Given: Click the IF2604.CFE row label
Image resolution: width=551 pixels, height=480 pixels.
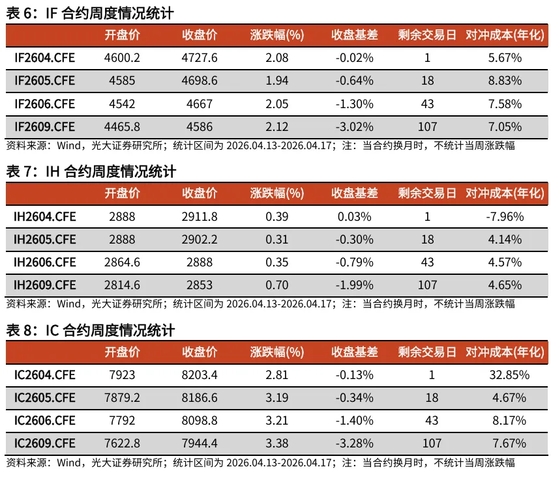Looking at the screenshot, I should [44, 58].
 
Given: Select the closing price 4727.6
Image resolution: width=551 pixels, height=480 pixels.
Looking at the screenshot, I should [200, 58].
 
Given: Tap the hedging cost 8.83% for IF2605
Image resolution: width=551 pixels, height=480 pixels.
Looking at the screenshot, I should [505, 81].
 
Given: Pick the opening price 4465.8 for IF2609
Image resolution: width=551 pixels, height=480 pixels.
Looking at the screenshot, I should [122, 126].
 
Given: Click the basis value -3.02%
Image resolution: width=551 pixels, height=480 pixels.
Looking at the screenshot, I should [354, 126].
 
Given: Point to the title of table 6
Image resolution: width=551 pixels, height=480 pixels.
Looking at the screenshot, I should [91, 14].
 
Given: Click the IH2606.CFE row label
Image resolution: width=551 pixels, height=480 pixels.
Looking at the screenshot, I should [44, 262].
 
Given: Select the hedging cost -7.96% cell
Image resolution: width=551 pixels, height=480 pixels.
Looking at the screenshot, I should [505, 216].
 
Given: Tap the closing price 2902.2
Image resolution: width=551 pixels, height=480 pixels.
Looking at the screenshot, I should [200, 240].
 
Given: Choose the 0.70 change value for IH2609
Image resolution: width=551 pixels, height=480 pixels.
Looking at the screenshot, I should [277, 285].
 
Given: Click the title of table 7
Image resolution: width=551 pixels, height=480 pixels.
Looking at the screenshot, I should [91, 171].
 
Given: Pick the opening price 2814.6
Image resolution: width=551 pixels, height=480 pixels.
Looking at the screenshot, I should [122, 285].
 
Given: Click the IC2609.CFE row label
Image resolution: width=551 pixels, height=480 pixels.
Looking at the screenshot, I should [44, 444].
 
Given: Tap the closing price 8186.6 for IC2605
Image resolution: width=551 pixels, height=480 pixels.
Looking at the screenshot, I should [200, 398].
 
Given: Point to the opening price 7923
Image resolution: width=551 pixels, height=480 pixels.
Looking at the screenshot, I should [122, 375].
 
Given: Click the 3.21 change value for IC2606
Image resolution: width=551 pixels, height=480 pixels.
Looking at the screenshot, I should [277, 421].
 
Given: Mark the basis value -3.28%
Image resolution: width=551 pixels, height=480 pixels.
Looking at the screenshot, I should [354, 444].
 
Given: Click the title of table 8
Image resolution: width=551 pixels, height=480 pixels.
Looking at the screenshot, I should [91, 330].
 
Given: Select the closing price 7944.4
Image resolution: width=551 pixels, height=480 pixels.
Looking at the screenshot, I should [200, 444].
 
